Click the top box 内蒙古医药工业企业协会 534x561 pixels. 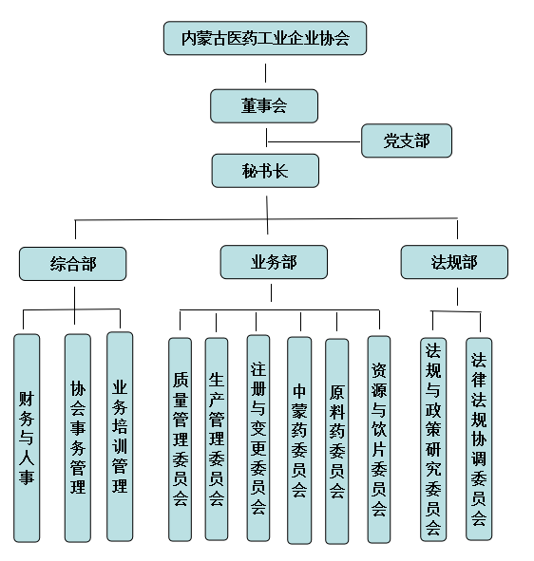click(265, 38)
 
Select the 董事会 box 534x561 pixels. click(264, 106)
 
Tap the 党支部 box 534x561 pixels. click(407, 140)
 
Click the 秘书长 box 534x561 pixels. click(265, 171)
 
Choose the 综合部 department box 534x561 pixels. click(73, 264)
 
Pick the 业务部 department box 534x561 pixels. click(274, 262)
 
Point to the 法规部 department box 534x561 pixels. click(454, 262)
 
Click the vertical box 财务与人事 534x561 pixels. click(27, 438)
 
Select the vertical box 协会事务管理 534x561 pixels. click(78, 438)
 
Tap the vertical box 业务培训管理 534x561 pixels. click(120, 437)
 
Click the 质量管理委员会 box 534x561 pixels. click(181, 439)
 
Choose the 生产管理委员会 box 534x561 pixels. click(217, 439)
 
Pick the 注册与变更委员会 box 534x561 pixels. click(258, 439)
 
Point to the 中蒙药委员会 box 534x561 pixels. click(299, 440)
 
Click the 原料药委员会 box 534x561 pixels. click(336, 441)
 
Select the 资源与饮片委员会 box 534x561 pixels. click(379, 439)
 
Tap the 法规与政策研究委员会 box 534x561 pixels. click(433, 439)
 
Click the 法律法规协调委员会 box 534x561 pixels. click(479, 439)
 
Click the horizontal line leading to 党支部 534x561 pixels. click(314, 141)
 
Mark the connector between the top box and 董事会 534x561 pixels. click(265, 73)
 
